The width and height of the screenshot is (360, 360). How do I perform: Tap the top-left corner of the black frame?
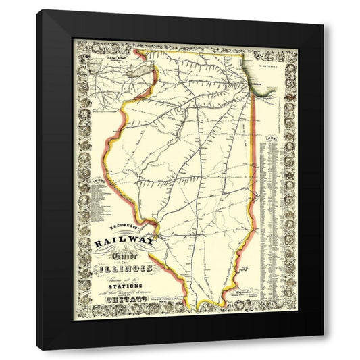tap(38, 10)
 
